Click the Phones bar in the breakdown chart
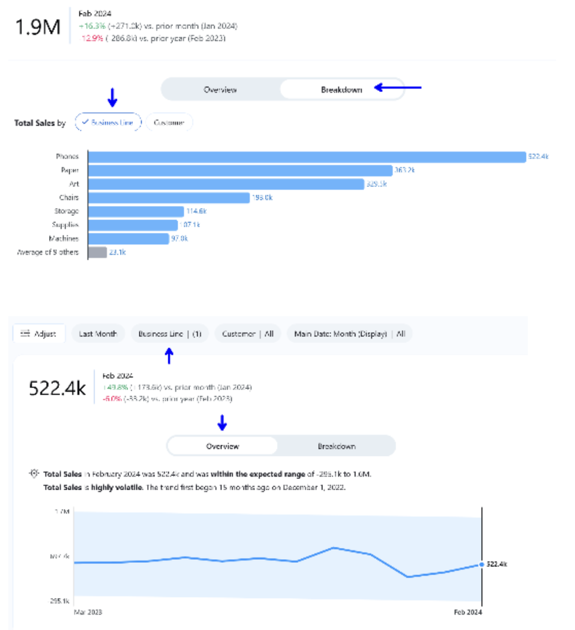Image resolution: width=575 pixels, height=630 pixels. coord(306,157)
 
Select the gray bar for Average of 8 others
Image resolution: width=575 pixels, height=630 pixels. coord(97,252)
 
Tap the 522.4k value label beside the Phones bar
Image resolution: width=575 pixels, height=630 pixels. coord(538,157)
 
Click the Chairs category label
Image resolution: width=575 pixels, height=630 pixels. coord(68,198)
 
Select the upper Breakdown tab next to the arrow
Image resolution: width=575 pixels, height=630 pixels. coord(341,90)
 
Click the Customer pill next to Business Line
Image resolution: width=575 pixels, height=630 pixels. coord(169,123)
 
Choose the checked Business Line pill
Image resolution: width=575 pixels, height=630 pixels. coord(108,123)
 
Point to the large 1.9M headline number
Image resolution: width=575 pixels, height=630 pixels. coord(37,27)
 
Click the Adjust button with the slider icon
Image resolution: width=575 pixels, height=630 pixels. coord(39,334)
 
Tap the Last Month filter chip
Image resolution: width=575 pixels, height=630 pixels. coord(98,334)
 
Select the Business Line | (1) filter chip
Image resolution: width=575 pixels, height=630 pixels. coord(169,334)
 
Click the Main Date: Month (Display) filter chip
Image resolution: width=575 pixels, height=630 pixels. coord(349,334)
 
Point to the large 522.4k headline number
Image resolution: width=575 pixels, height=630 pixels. coord(57,388)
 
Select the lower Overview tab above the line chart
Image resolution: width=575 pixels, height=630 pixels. coord(223,446)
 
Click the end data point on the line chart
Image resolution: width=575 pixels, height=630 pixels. coord(482,565)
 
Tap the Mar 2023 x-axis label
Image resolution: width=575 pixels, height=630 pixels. coord(87,612)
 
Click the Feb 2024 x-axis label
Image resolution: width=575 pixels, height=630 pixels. coord(468,612)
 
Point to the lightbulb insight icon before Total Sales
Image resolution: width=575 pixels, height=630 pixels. coord(35,474)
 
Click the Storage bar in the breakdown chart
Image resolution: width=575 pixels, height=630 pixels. coord(136,211)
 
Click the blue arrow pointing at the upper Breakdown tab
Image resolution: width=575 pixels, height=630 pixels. coord(400,88)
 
